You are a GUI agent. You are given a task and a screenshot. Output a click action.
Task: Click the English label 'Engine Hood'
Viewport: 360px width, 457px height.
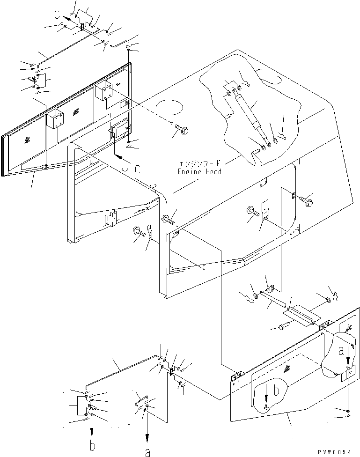pyautogui.click(x=199, y=171)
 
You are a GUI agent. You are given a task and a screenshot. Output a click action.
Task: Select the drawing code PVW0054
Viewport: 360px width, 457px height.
pyautogui.click(x=334, y=451)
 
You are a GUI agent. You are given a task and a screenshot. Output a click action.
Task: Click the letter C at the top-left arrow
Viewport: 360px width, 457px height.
pyautogui.click(x=57, y=15)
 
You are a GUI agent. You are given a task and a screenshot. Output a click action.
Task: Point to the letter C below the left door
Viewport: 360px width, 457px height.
pyautogui.click(x=137, y=170)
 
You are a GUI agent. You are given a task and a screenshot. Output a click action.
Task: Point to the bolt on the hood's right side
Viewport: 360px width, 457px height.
pyautogui.click(x=305, y=200)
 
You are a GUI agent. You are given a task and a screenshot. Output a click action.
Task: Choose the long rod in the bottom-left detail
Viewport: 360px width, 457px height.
pyautogui.click(x=121, y=372)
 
